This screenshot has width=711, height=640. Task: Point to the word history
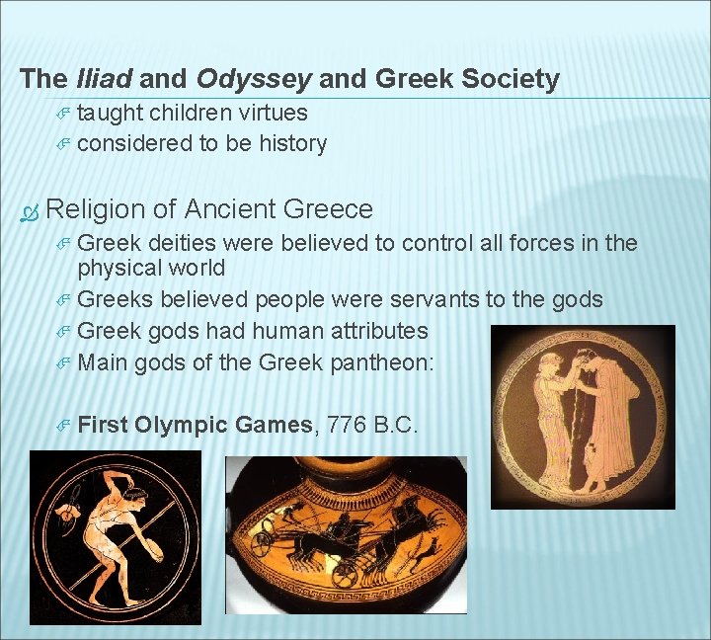click(x=292, y=144)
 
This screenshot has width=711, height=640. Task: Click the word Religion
click(x=96, y=209)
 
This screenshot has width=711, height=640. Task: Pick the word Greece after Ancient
click(x=328, y=209)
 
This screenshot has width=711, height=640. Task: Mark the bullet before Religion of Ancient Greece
click(x=30, y=210)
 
